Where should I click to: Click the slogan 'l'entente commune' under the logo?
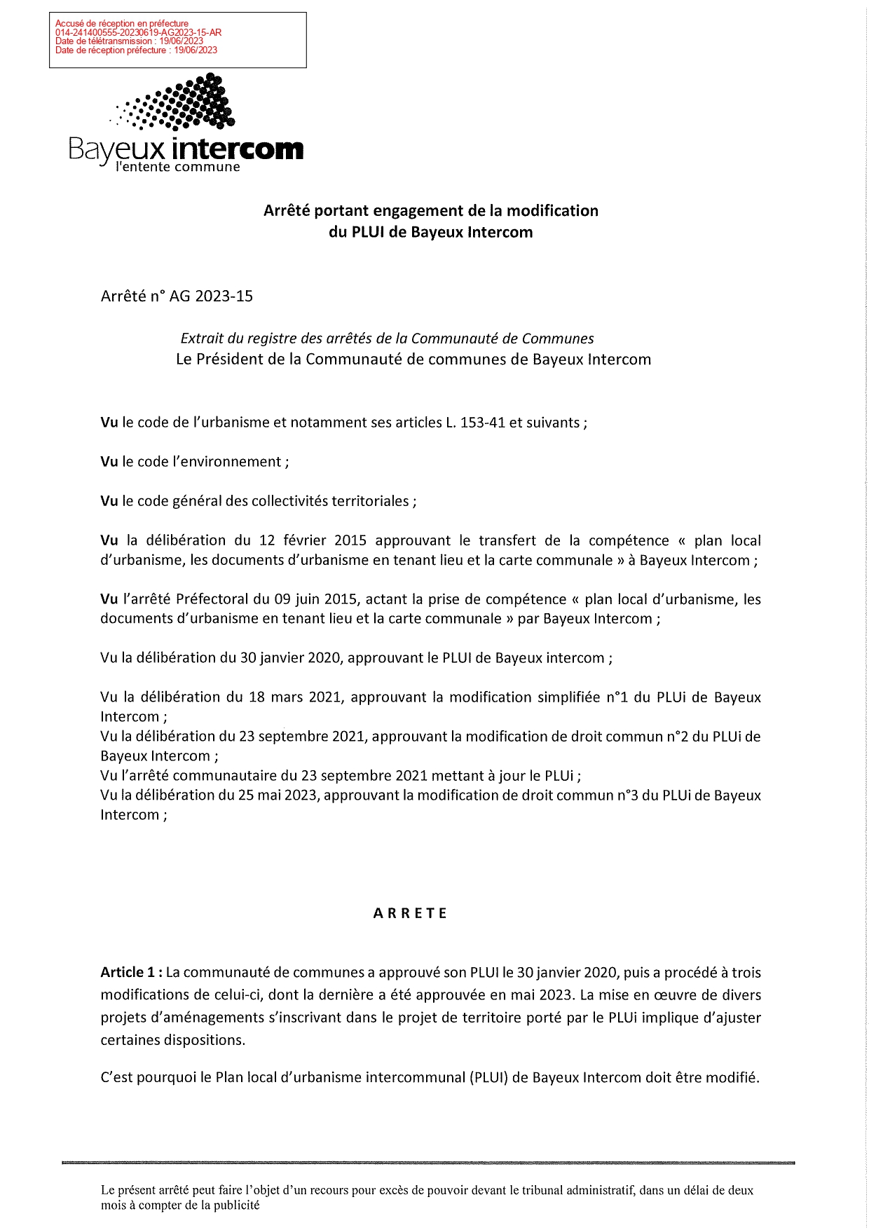[177, 167]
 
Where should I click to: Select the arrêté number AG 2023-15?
[211, 296]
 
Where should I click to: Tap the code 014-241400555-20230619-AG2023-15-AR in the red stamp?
[138, 32]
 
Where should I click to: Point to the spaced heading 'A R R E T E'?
[410, 913]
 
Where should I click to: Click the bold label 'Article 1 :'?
[132, 972]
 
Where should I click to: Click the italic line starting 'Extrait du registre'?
[387, 339]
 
